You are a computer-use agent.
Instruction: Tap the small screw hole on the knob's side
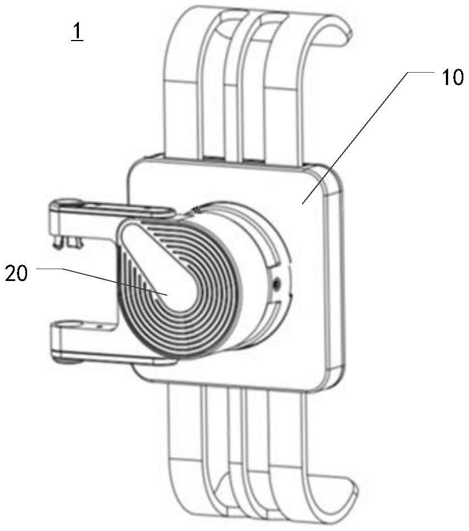(275, 285)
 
